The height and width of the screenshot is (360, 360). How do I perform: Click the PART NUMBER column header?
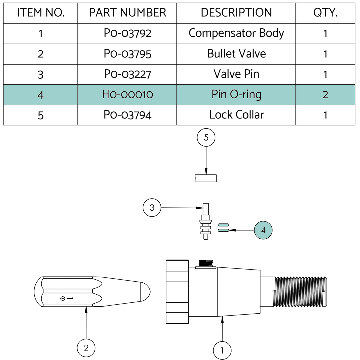(127, 13)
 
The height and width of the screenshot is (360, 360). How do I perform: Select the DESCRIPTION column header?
(236, 13)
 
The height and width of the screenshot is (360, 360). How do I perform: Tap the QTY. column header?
(325, 13)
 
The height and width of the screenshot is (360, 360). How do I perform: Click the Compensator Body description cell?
(236, 33)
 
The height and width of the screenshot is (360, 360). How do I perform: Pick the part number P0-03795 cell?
(127, 54)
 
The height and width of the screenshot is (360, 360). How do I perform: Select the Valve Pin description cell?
(236, 74)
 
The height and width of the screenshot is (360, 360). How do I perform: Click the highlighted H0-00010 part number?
(127, 95)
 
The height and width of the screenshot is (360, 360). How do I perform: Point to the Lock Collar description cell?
(236, 115)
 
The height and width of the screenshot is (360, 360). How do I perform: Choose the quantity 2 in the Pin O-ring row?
(325, 95)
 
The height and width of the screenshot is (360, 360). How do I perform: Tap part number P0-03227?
(127, 74)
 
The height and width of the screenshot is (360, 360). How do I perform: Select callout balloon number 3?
(152, 208)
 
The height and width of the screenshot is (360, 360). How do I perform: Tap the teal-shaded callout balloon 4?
(263, 230)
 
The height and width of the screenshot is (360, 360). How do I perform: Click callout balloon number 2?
(86, 348)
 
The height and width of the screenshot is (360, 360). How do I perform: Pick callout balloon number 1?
(222, 350)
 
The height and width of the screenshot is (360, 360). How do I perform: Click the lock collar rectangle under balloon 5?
(206, 178)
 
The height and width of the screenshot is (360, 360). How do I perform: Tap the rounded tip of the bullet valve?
(146, 291)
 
